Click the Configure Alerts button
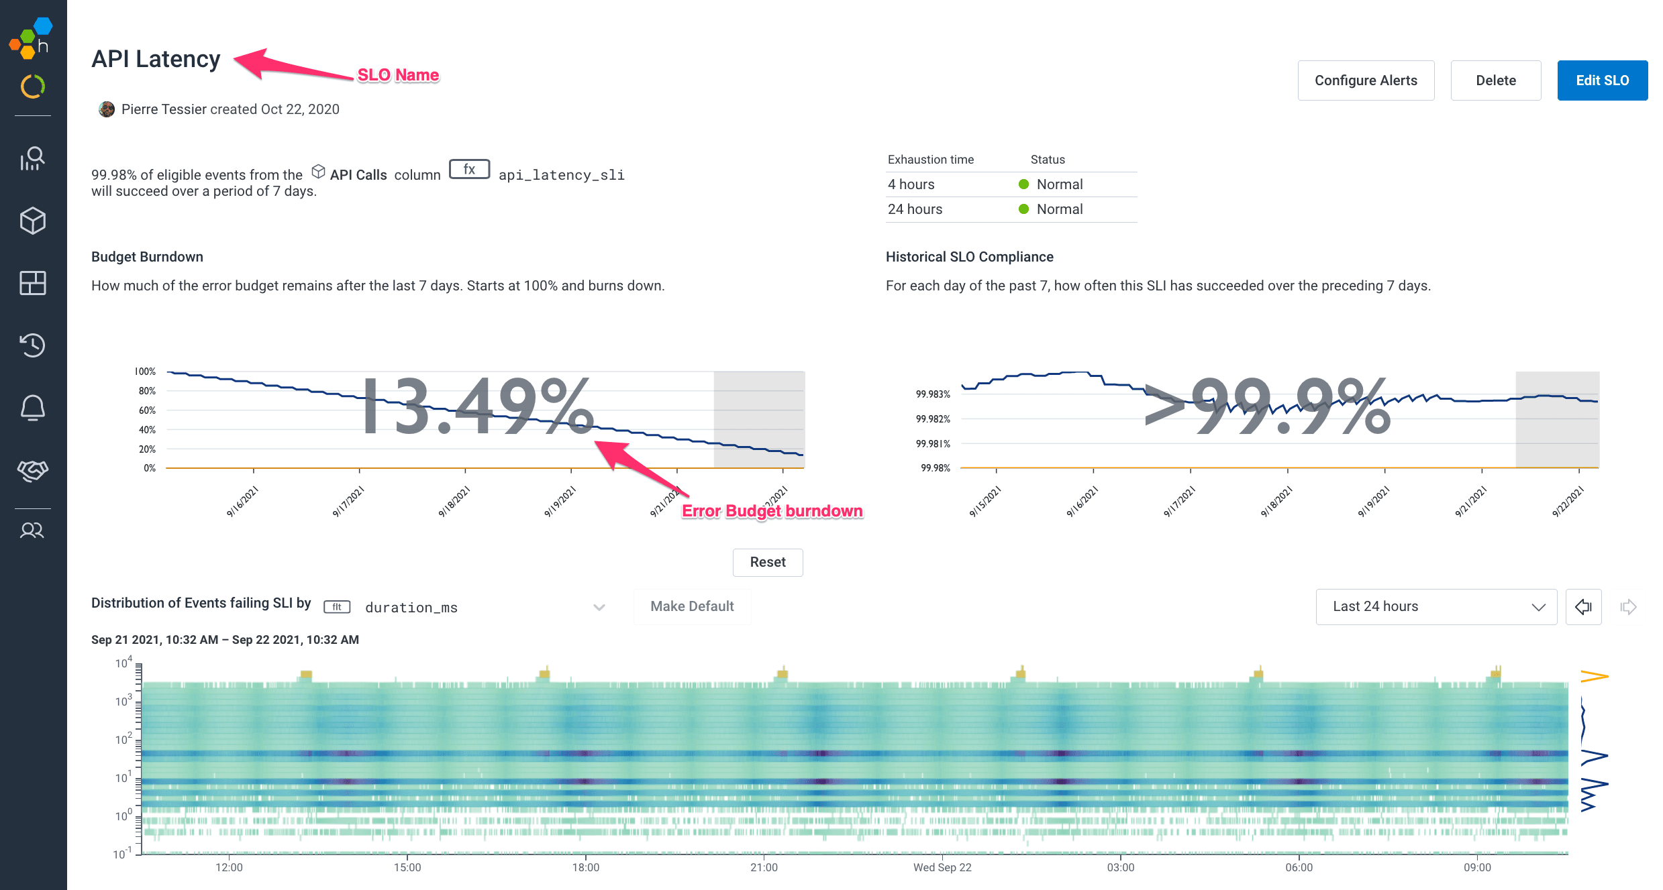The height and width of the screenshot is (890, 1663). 1366,80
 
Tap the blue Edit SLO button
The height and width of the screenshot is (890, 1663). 1602,80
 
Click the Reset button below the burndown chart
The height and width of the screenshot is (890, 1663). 767,562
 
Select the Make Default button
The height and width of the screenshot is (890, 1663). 692,606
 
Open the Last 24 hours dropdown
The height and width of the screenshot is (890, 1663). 1435,606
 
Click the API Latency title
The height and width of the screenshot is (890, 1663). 156,59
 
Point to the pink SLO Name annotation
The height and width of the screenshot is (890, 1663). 398,75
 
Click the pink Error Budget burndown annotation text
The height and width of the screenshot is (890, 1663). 772,511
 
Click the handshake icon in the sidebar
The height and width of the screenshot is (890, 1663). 32,470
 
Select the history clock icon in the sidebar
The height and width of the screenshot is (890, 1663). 32,345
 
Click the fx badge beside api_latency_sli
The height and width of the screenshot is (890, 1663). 469,170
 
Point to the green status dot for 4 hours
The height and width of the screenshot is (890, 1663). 1023,184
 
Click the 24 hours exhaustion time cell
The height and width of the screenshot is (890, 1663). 915,209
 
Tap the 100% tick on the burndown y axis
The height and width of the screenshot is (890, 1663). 145,372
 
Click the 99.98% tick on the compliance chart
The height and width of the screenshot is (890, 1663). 935,468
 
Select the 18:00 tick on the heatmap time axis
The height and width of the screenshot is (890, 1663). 585,867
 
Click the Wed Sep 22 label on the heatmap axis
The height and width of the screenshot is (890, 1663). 942,867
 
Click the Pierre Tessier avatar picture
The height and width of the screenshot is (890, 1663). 106,109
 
